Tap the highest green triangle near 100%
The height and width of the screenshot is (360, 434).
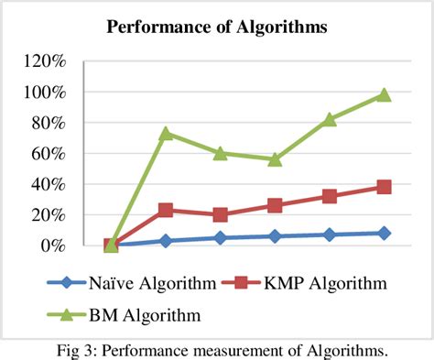click(384, 94)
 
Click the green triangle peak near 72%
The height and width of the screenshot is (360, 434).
click(166, 134)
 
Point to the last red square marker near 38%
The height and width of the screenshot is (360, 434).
click(384, 187)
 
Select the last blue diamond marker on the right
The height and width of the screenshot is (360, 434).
click(384, 234)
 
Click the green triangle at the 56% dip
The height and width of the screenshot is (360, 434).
click(275, 158)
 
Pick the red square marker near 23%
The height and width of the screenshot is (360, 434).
click(166, 210)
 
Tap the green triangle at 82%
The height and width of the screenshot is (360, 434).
click(330, 119)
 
